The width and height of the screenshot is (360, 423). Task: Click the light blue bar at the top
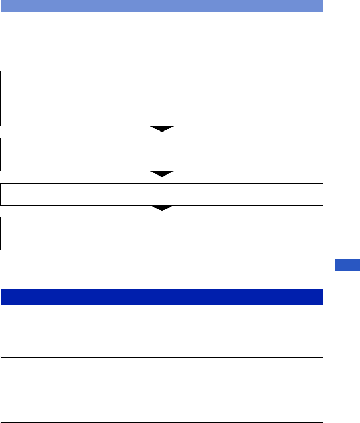(x=162, y=6)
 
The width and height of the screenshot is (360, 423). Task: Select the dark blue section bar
(x=162, y=297)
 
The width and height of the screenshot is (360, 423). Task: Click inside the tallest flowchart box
(x=162, y=98)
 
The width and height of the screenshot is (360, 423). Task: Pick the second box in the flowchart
(x=162, y=155)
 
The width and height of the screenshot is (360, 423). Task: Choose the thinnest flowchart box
(x=162, y=194)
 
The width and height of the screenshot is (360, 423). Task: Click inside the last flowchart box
(x=162, y=233)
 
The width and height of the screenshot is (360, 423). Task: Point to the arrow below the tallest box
(x=162, y=129)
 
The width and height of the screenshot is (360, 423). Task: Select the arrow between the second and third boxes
(x=162, y=174)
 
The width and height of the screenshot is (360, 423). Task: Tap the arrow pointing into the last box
(x=162, y=208)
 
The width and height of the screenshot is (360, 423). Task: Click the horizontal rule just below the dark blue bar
(x=162, y=357)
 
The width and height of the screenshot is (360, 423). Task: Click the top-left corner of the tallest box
(x=1, y=71)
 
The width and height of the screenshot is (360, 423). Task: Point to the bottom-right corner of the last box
(x=323, y=249)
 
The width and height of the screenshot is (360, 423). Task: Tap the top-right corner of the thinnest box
(x=323, y=184)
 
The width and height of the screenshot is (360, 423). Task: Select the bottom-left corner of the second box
(x=1, y=171)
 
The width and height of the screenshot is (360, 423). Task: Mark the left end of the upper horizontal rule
(x=1, y=357)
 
